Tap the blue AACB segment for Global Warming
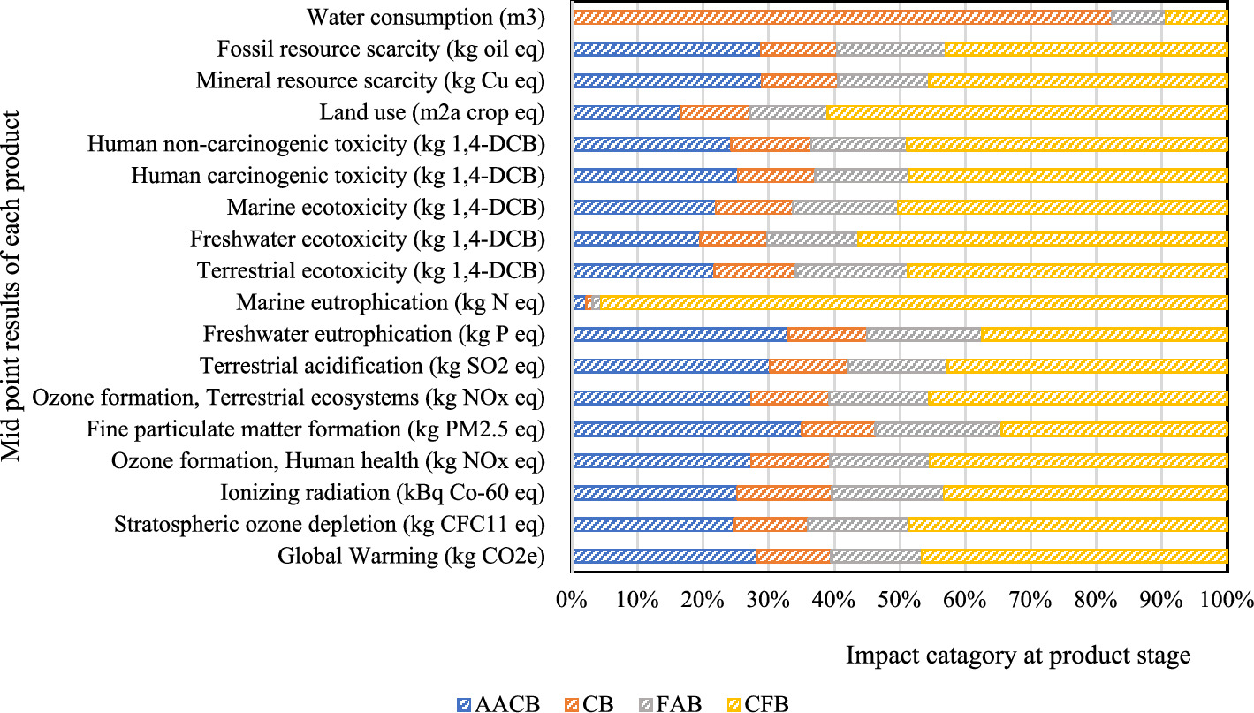664,556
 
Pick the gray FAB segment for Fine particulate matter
937,429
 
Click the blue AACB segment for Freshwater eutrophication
680,335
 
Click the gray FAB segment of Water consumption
1137,18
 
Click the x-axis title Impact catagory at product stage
1018,656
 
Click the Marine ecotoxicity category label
385,208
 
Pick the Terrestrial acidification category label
372,366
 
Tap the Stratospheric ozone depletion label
329,525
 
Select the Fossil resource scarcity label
381,49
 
